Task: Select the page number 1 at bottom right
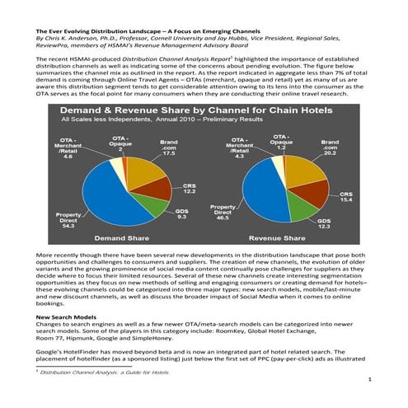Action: click(x=373, y=379)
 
